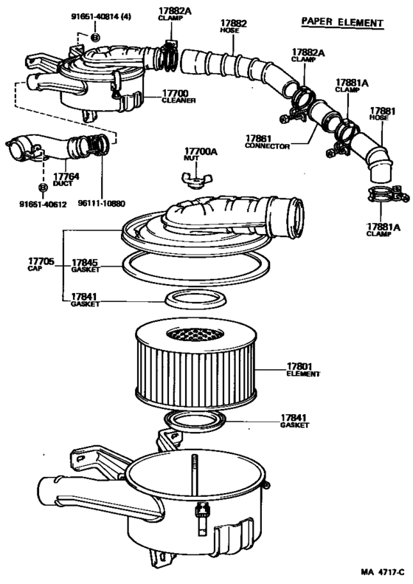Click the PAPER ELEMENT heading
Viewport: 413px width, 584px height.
(342, 22)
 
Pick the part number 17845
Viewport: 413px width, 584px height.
(86, 261)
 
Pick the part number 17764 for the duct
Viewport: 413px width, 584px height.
(65, 176)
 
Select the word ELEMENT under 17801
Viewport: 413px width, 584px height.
(302, 374)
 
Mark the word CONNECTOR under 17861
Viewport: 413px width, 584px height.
(267, 146)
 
